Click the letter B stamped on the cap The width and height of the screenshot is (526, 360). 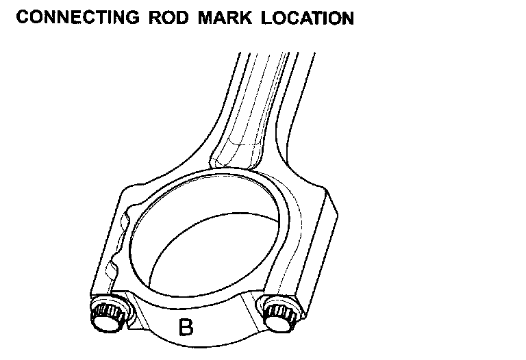186,328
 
